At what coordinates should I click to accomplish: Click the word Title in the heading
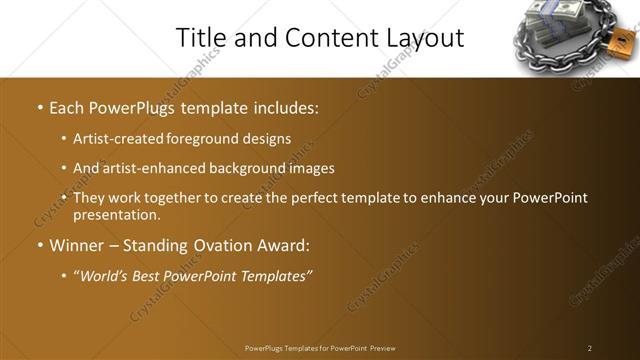point(201,38)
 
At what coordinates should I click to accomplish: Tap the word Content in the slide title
point(324,38)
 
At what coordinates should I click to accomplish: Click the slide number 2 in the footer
point(589,348)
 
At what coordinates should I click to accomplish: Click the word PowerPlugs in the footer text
point(267,348)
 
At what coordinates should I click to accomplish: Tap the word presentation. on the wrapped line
point(116,214)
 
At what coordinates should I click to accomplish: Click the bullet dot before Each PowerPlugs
point(38,106)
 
